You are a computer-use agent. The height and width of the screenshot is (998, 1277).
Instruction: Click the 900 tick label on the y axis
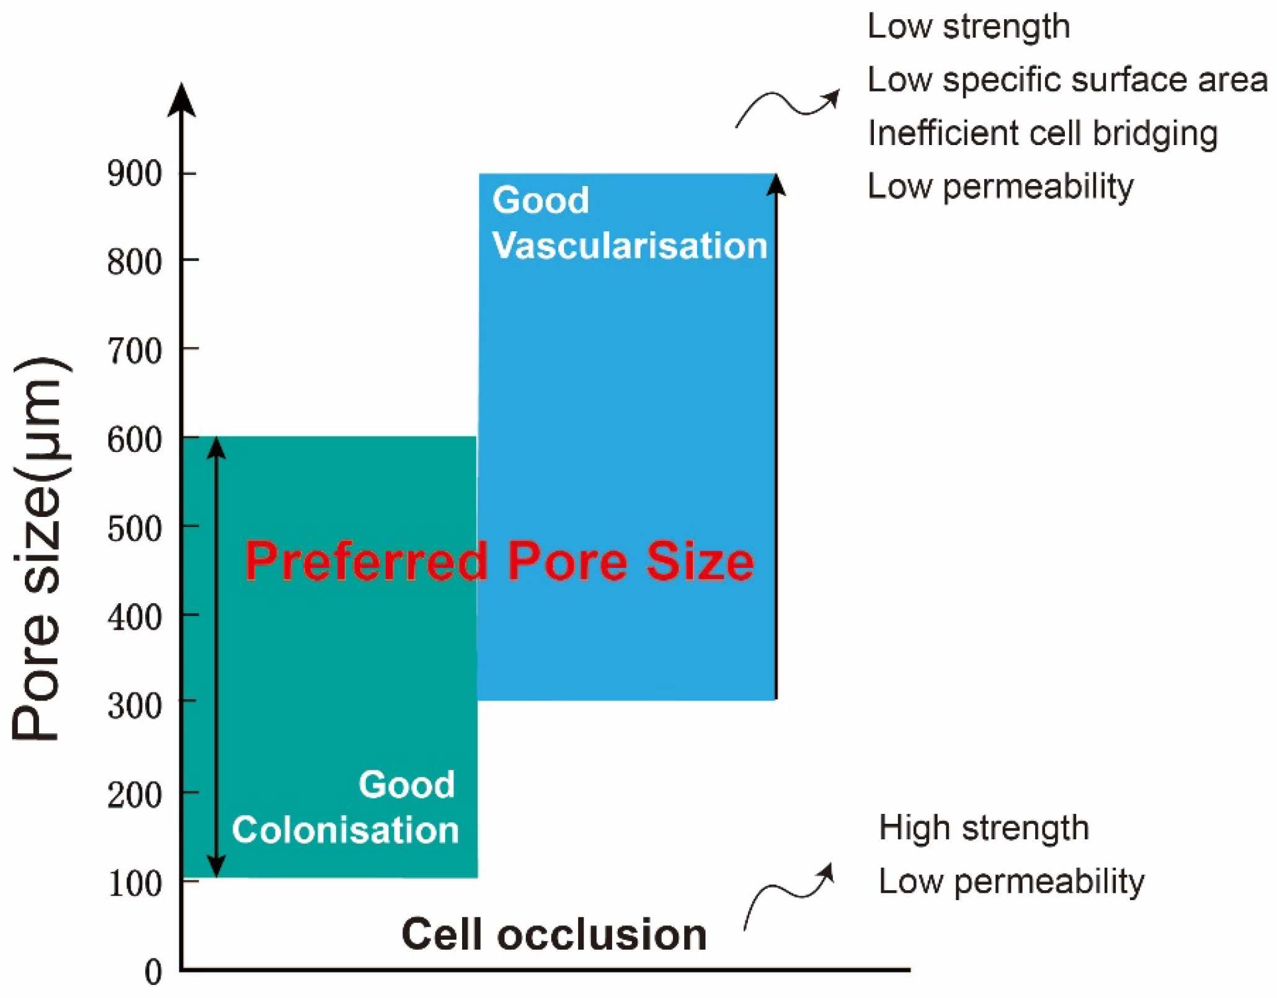[135, 174]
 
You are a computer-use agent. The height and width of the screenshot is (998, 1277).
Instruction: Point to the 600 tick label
[135, 441]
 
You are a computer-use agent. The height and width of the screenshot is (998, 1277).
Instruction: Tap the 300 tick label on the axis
[135, 706]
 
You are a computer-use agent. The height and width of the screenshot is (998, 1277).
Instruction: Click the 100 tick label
[135, 884]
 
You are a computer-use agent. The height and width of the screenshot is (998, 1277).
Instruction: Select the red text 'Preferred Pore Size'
[499, 561]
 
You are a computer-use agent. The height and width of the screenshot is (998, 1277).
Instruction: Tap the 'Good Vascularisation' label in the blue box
[629, 223]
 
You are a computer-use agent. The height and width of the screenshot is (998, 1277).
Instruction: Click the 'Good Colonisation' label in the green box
[345, 807]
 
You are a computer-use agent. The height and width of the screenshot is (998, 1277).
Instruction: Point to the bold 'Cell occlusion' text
[554, 934]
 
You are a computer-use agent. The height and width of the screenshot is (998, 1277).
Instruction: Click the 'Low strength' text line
[968, 27]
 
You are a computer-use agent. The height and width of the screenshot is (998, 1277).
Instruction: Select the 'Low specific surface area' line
[1067, 80]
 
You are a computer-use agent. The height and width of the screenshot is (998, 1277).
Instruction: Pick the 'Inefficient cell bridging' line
[1042, 133]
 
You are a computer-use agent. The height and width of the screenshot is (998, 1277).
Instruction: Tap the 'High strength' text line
[984, 828]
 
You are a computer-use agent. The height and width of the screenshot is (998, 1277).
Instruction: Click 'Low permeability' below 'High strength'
[1011, 881]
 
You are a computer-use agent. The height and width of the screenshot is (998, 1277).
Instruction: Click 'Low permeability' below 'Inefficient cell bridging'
[1000, 186]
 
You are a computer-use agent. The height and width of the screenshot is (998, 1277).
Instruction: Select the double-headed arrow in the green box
[216, 657]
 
